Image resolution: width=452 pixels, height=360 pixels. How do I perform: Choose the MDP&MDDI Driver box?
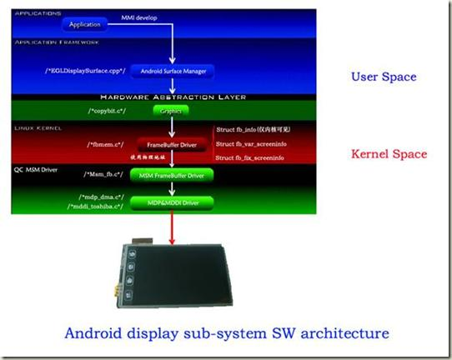[x=171, y=202]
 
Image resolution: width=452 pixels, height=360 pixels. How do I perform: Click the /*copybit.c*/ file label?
[x=107, y=109]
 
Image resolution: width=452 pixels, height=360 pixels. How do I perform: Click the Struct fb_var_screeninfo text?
[x=257, y=143]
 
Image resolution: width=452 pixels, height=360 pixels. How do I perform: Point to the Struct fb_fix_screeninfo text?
[x=256, y=157]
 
